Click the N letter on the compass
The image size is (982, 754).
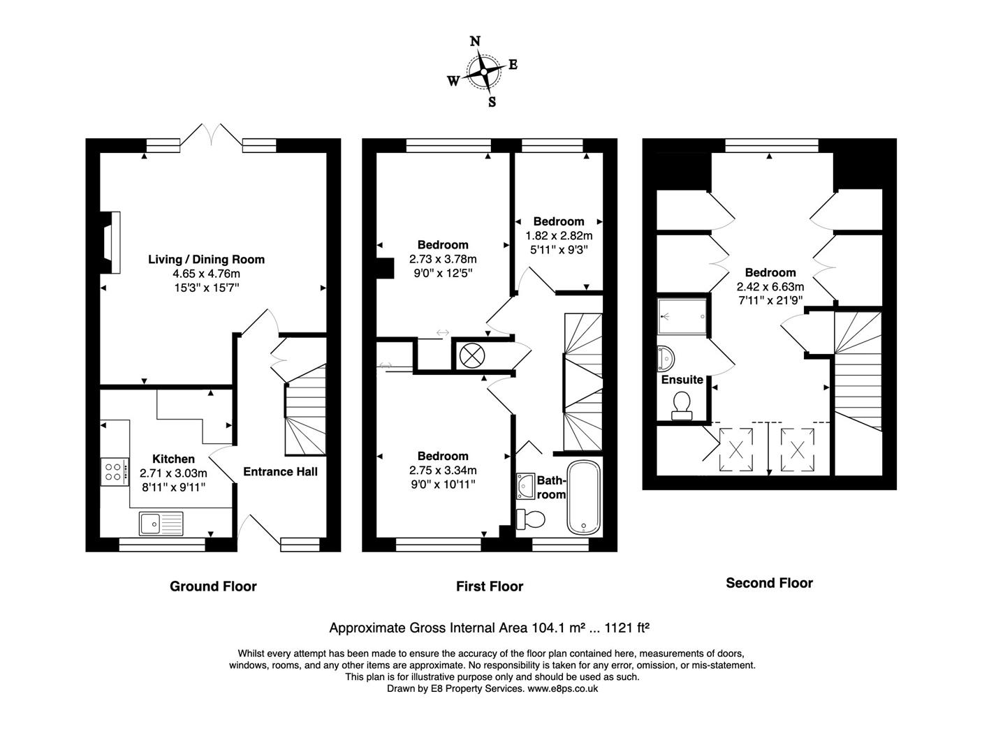(475, 41)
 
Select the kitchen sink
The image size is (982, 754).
(161, 522)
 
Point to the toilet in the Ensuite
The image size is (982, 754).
(681, 405)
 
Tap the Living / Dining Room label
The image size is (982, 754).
(206, 260)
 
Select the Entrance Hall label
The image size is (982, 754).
(280, 472)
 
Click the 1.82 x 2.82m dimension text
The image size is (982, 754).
(559, 236)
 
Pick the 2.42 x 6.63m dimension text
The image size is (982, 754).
(770, 287)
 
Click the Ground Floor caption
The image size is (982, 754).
(213, 586)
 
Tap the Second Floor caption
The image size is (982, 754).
(769, 583)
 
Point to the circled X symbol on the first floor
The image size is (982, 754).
(471, 355)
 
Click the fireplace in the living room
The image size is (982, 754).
(110, 242)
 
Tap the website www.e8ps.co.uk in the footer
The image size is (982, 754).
(562, 688)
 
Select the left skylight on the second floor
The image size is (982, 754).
(736, 449)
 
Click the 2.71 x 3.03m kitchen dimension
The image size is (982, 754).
(173, 473)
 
